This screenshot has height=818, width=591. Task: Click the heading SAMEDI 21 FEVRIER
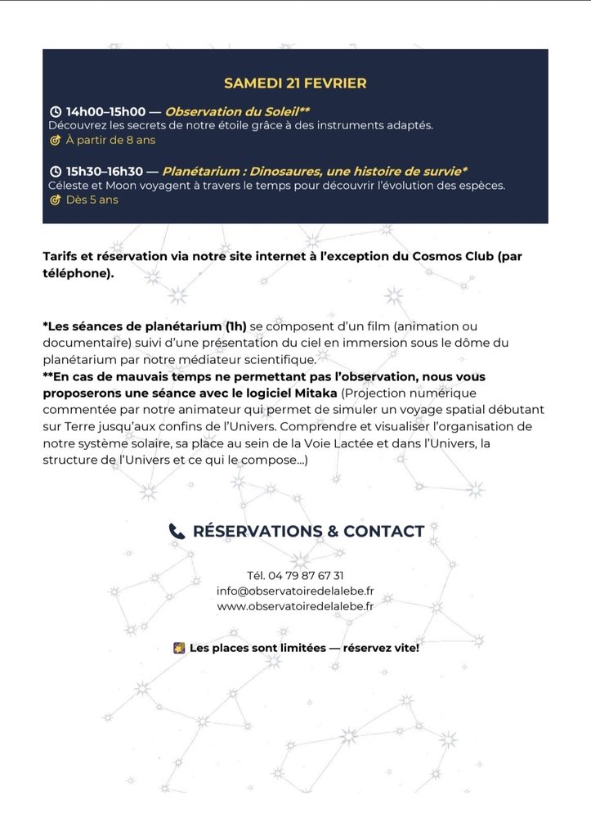(x=295, y=83)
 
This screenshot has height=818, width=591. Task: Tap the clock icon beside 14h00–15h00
(x=56, y=111)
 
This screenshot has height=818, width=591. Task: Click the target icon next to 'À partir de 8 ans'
(x=56, y=140)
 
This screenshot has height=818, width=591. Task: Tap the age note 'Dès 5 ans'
(x=92, y=200)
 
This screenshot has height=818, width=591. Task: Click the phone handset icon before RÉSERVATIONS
(x=177, y=532)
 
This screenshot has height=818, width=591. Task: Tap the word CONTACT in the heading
(x=383, y=532)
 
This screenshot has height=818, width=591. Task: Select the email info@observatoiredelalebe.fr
(x=295, y=591)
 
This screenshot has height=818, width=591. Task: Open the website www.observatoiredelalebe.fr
(x=295, y=606)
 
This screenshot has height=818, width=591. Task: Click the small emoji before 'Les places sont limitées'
(x=179, y=648)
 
